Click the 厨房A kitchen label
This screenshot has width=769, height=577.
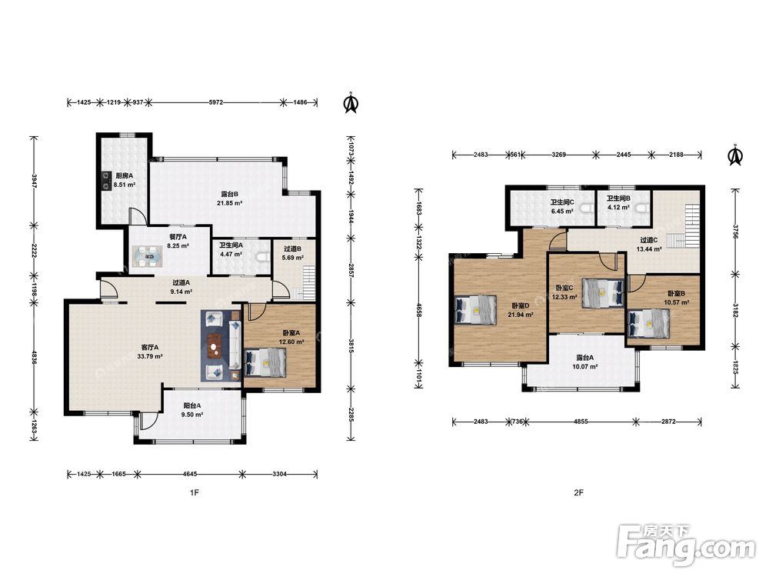pos(124,175)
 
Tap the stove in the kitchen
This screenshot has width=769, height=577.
pos(105,180)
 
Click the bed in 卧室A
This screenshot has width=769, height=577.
pos(265,362)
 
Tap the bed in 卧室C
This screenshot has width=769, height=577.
pos(603,293)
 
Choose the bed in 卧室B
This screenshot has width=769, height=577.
pos(648,323)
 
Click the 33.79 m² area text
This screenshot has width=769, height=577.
pos(150,357)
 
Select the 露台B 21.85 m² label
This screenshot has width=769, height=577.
pos(229,198)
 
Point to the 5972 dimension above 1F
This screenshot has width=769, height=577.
pos(216,102)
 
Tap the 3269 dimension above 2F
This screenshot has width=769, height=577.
pos(558,155)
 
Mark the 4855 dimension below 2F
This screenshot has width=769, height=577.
pos(580,422)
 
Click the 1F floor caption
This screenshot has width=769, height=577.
pos(195,492)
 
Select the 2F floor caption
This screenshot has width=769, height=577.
pos(579,492)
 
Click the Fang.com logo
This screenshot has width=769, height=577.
pos(686,544)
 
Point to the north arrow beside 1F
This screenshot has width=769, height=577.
pos(351,103)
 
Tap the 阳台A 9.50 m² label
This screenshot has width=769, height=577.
pos(192,410)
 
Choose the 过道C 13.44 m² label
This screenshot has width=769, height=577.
pos(649,245)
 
